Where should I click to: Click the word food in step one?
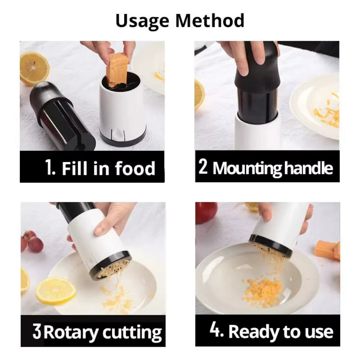(135, 168)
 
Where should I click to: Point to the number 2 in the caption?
(203, 167)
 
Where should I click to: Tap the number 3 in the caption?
(37, 332)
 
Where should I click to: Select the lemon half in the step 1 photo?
(35, 68)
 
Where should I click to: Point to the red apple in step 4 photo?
(206, 212)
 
